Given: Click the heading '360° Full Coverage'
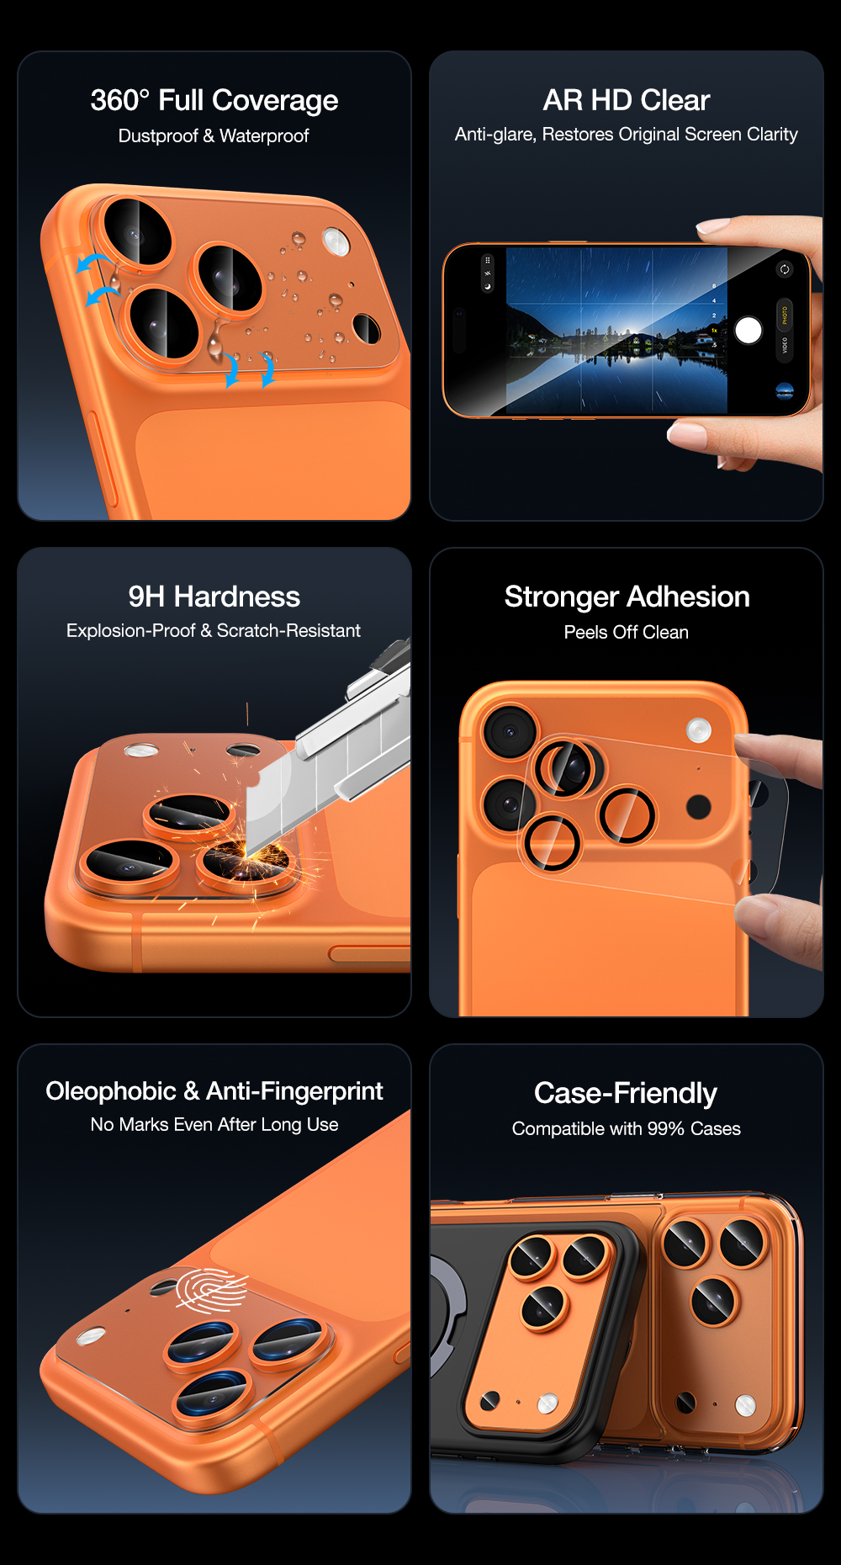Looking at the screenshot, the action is (x=214, y=100).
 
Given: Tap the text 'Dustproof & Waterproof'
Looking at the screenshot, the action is (x=214, y=135).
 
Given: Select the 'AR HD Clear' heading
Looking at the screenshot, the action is (x=627, y=100).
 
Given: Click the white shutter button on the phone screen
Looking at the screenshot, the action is (x=748, y=331).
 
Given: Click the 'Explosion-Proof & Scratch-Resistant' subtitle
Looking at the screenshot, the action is (x=214, y=631).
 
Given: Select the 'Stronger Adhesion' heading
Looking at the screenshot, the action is (x=627, y=597).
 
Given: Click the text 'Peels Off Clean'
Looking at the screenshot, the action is (x=627, y=633).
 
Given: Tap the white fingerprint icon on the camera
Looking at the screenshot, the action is (x=211, y=1290).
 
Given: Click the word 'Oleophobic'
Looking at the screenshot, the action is (x=111, y=1091).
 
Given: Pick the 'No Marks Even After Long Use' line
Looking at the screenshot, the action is (x=214, y=1125).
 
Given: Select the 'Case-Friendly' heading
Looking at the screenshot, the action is (x=626, y=1093).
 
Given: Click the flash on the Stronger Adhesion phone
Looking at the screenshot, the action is (x=699, y=730).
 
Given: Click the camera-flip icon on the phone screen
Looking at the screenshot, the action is (x=784, y=269).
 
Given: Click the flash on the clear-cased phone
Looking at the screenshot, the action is (x=745, y=1405).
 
